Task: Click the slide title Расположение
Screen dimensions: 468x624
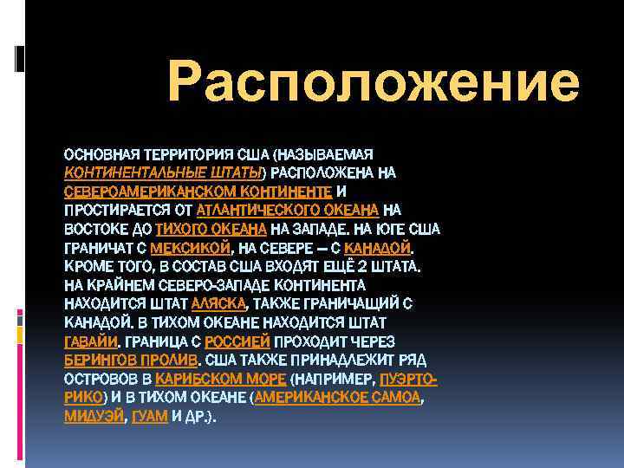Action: (374, 84)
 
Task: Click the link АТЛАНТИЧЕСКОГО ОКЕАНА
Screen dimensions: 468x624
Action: (287, 210)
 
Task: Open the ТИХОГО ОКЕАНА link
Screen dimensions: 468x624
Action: (211, 229)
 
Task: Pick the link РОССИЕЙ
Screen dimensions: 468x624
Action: (240, 341)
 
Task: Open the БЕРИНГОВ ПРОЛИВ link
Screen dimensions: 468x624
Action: (132, 360)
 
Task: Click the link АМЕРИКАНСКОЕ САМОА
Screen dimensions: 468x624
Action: (336, 398)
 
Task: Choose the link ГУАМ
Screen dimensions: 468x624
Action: (150, 417)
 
